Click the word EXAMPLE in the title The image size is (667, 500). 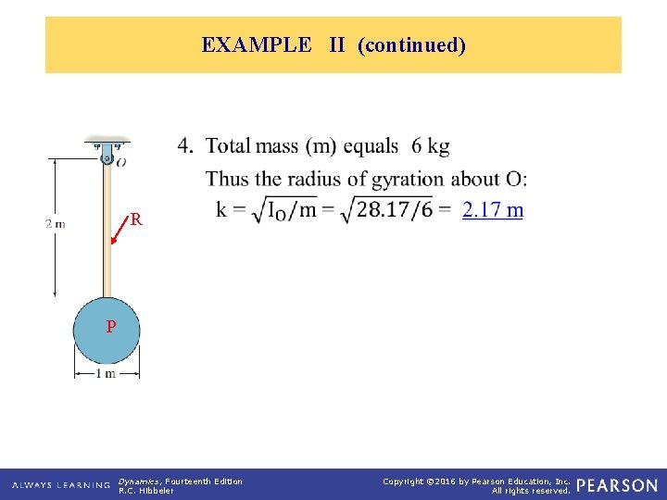tap(257, 45)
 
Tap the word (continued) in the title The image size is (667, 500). tap(410, 45)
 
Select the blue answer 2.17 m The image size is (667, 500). tap(493, 210)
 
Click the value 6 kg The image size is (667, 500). tap(431, 146)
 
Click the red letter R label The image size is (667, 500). tap(136, 220)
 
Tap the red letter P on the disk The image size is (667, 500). tap(110, 327)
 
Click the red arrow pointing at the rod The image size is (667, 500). tap(119, 232)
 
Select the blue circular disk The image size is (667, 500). tap(107, 331)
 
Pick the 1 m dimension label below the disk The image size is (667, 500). tap(107, 374)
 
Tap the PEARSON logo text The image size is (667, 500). tap(617, 485)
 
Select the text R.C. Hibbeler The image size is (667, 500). tap(146, 491)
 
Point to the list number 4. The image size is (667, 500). tap(185, 146)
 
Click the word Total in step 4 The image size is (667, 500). tap(228, 146)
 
